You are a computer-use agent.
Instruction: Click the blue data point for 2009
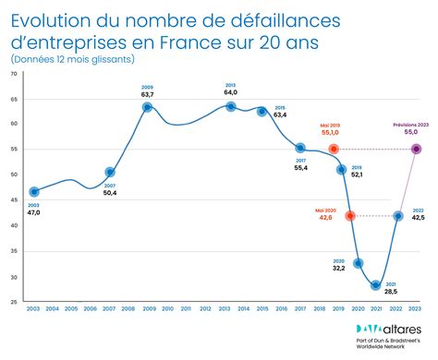(147, 107)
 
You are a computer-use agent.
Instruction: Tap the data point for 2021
(376, 285)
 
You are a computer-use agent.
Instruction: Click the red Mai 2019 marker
(334, 149)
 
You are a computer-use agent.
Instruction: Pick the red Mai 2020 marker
(349, 216)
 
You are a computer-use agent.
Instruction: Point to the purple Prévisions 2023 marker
(417, 149)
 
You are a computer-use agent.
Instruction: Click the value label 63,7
(147, 94)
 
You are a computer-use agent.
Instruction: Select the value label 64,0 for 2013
(230, 92)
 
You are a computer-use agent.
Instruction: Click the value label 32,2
(338, 268)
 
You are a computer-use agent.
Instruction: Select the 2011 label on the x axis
(186, 308)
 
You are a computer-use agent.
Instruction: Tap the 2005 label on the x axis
(72, 308)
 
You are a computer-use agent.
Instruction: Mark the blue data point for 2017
(300, 148)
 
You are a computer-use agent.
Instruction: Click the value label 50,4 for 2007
(110, 192)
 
